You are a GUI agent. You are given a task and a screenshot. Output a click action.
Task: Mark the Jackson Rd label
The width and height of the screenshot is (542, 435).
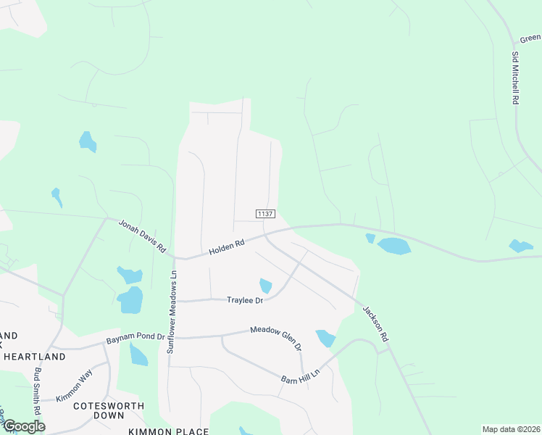pyautogui.click(x=375, y=323)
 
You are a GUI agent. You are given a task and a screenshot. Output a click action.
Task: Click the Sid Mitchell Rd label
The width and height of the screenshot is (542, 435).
pyautogui.click(x=515, y=78)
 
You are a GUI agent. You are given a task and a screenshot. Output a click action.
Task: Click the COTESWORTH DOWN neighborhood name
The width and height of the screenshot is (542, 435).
pyautogui.click(x=109, y=411)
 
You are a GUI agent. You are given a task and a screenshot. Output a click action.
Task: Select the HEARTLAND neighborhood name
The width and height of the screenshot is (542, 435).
pyautogui.click(x=34, y=357)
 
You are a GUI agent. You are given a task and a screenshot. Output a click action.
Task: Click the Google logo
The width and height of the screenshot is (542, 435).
pyautogui.click(x=23, y=426)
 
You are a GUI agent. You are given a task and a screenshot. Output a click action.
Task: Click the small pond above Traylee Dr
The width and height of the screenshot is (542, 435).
pyautogui.click(x=265, y=286)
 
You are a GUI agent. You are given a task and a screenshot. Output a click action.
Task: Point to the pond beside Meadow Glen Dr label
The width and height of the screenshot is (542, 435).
pyautogui.click(x=326, y=338)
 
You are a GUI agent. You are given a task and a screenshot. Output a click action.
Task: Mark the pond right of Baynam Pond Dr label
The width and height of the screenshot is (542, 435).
pyautogui.click(x=138, y=355)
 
